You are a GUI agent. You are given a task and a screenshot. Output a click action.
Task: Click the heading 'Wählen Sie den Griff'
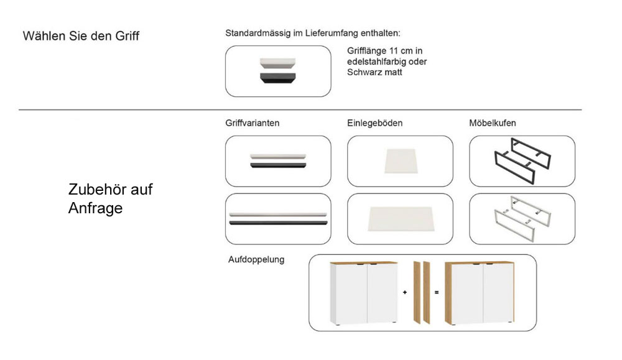pos(81,36)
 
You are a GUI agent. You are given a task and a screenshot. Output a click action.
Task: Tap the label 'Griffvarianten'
pos(253,123)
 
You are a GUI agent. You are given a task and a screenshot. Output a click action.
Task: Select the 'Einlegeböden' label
pos(375,123)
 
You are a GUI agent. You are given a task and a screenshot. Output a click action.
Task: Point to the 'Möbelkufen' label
pos(492,123)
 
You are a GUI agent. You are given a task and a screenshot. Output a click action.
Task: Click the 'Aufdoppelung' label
pos(256,260)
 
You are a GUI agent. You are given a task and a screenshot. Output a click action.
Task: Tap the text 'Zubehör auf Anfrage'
pos(110,198)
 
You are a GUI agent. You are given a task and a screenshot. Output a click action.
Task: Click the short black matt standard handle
pos(277,78)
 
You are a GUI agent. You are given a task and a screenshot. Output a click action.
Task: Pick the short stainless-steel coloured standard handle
pos(277,63)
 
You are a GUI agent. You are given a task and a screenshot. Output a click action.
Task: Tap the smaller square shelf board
pos(401,161)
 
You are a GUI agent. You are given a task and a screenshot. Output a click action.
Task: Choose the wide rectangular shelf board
pos(401,219)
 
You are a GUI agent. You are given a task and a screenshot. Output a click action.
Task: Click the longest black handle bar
pos(278,223)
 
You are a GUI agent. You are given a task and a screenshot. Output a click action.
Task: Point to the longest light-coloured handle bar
pos(278,215)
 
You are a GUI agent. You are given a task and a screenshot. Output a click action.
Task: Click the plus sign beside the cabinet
pos(405,292)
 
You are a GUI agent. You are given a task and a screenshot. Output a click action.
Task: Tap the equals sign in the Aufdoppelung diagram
pos(437,292)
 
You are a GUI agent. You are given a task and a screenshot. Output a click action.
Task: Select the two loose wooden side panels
pos(421,293)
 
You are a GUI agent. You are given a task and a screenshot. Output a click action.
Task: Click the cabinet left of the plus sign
pos(363,293)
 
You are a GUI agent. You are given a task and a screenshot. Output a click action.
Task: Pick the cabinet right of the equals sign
pos(479,293)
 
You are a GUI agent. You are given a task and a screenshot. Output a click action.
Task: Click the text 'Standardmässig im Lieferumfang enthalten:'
pos(313,34)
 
